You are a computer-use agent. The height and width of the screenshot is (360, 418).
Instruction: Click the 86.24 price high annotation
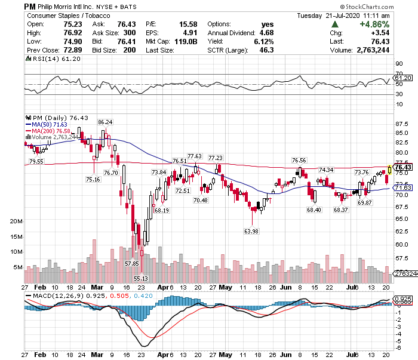pos(105,122)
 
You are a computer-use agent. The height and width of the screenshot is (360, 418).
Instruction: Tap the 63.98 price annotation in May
pos(251,230)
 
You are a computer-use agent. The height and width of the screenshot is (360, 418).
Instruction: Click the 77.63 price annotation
pos(194,156)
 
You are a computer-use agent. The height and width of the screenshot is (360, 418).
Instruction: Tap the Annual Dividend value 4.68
pos(265,33)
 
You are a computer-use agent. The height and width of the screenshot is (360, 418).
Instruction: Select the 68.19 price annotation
pos(161,210)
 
